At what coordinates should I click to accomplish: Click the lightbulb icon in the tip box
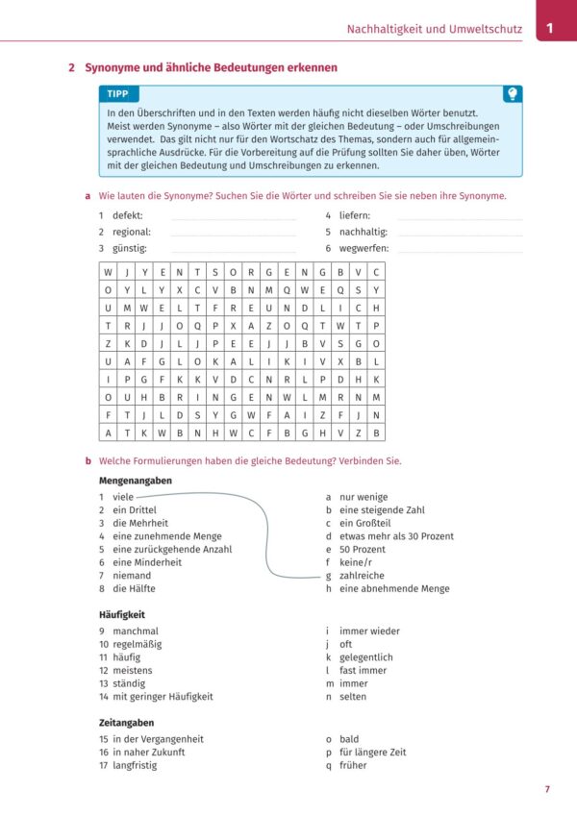(514, 93)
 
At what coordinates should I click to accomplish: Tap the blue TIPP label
(118, 94)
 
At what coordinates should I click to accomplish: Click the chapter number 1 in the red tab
(550, 29)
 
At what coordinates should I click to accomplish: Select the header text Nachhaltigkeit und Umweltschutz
(434, 30)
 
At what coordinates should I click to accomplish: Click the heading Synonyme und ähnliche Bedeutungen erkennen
(211, 68)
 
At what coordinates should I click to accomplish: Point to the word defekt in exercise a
(128, 215)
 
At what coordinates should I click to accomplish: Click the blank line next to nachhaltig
(460, 233)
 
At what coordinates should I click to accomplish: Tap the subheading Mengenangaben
(136, 480)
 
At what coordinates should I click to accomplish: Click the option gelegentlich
(366, 657)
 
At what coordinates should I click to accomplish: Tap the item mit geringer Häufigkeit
(163, 697)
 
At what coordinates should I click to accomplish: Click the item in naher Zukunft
(149, 753)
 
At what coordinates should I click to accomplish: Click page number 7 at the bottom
(547, 789)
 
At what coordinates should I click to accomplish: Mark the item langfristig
(135, 765)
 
